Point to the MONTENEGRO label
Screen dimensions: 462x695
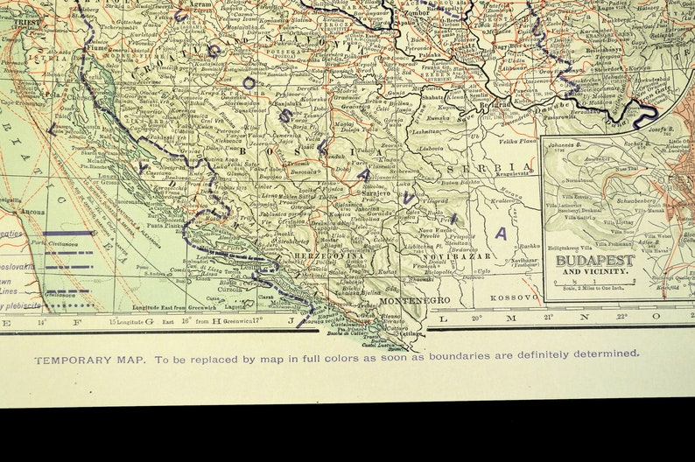[415, 300]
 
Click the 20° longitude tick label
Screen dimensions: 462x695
[477, 318]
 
